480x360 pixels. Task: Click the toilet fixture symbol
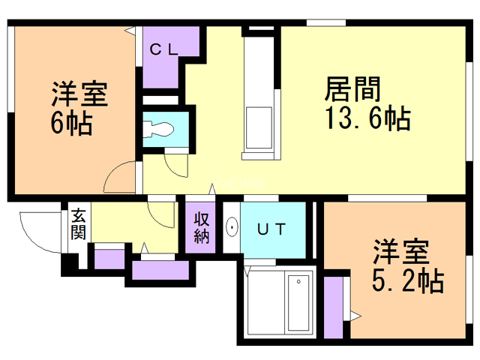tap(158, 129)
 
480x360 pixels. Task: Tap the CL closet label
tap(163, 49)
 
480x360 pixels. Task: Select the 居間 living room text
tap(352, 88)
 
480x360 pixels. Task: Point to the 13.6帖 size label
tap(367, 118)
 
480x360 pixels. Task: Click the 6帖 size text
tap(72, 123)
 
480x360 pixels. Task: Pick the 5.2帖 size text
tap(408, 281)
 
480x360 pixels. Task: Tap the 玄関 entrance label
tap(79, 223)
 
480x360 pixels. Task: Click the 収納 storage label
tap(201, 228)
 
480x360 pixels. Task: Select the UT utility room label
tap(271, 229)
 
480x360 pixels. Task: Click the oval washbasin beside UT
tap(232, 227)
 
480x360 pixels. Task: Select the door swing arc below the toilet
tap(175, 166)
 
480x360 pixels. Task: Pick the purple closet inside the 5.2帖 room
tap(333, 307)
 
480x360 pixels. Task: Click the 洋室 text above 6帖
tap(79, 94)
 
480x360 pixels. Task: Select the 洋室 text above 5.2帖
tap(400, 252)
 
